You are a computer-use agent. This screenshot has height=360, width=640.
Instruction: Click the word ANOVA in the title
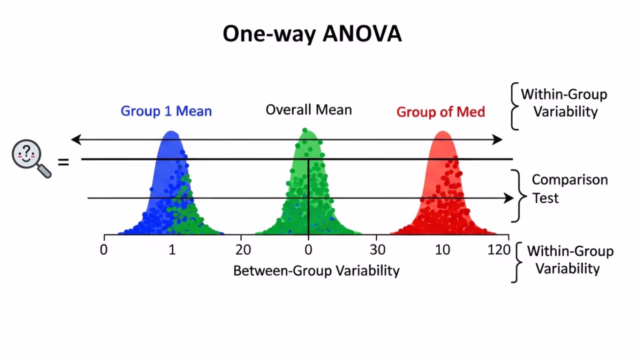point(362,34)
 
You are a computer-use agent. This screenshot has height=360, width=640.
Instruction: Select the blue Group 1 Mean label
point(166,111)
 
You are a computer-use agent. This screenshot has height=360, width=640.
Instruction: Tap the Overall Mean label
point(308,110)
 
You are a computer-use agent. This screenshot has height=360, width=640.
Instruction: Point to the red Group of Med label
point(440,111)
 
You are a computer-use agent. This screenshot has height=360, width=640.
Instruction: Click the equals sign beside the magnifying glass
point(63,162)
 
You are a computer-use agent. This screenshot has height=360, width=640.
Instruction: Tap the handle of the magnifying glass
point(45,171)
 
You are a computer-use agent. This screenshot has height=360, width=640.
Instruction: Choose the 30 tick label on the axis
point(377,249)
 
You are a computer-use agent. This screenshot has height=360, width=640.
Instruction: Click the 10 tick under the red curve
point(442,249)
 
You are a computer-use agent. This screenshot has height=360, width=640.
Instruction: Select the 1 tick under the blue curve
point(172,249)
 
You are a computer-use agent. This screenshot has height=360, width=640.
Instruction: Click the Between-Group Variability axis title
point(316,270)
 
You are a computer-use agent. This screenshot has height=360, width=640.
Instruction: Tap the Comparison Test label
point(569,188)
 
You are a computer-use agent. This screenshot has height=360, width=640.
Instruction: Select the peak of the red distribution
point(442,133)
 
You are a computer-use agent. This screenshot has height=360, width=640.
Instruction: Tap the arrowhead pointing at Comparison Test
point(509,198)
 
